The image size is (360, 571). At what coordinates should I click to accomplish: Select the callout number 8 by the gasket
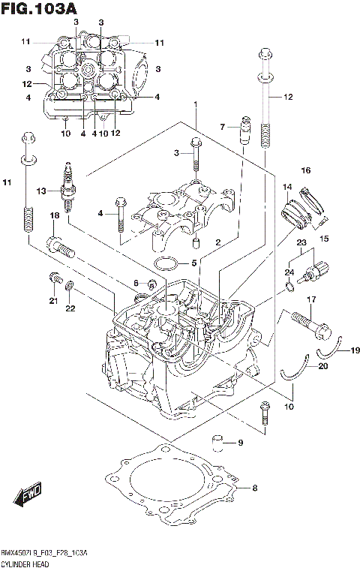click(254, 488)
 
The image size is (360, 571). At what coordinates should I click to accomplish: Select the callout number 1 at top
click(195, 104)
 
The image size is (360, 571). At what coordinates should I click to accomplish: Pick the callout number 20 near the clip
click(323, 366)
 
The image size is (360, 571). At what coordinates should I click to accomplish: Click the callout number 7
click(222, 127)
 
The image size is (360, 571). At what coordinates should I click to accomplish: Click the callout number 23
click(301, 242)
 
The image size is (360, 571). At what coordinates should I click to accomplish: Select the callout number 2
click(217, 242)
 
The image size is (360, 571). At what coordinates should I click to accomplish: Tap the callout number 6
click(136, 282)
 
